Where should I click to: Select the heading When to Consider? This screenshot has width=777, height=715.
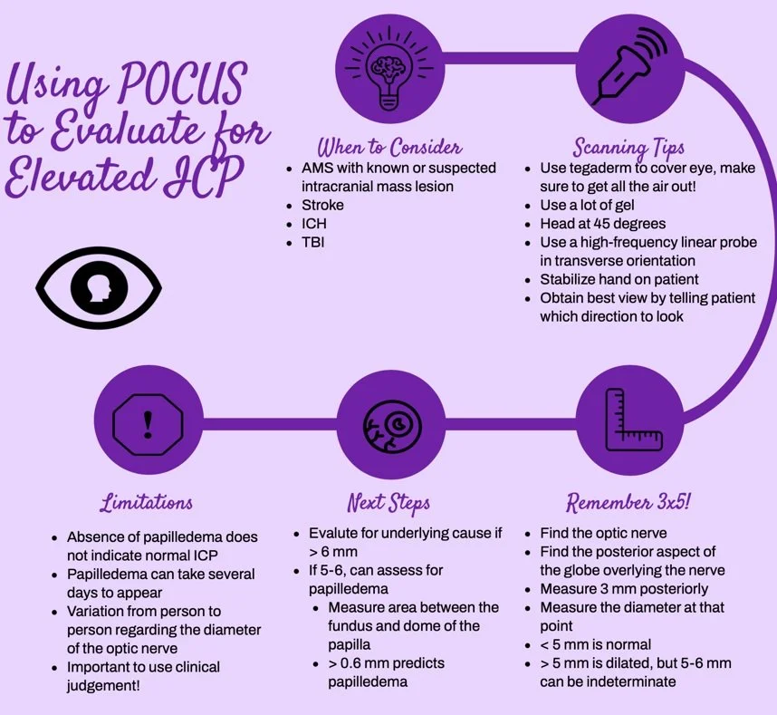[x=388, y=148]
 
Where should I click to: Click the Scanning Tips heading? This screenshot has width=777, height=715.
[x=628, y=148]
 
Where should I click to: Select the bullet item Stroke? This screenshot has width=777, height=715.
[x=322, y=205]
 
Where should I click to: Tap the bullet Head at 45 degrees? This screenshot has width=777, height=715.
[x=602, y=224]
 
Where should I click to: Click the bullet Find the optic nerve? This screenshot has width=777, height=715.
[x=603, y=534]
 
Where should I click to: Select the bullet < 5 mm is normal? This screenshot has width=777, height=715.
[x=595, y=644]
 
